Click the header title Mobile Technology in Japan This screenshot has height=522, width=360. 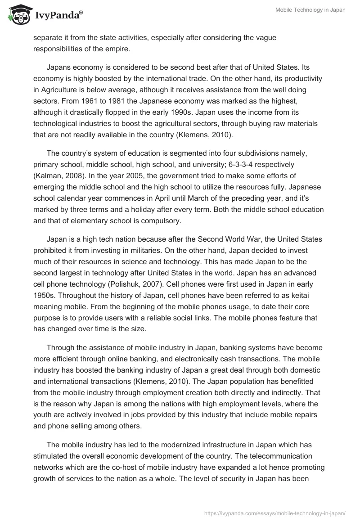(x=310, y=10)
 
